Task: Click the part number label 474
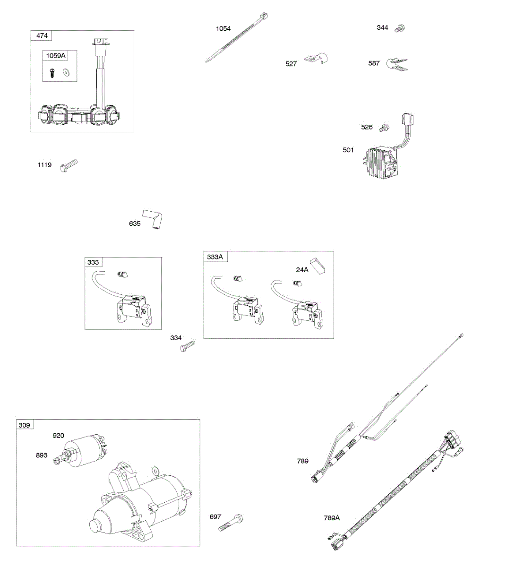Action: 42,35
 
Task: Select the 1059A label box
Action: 56,56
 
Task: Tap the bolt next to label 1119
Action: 69,165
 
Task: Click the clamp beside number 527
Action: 316,60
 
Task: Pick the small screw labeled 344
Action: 400,28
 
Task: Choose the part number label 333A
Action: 215,257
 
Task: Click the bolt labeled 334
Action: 187,347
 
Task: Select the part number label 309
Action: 25,425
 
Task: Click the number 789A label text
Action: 332,518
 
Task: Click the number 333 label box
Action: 93,262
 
